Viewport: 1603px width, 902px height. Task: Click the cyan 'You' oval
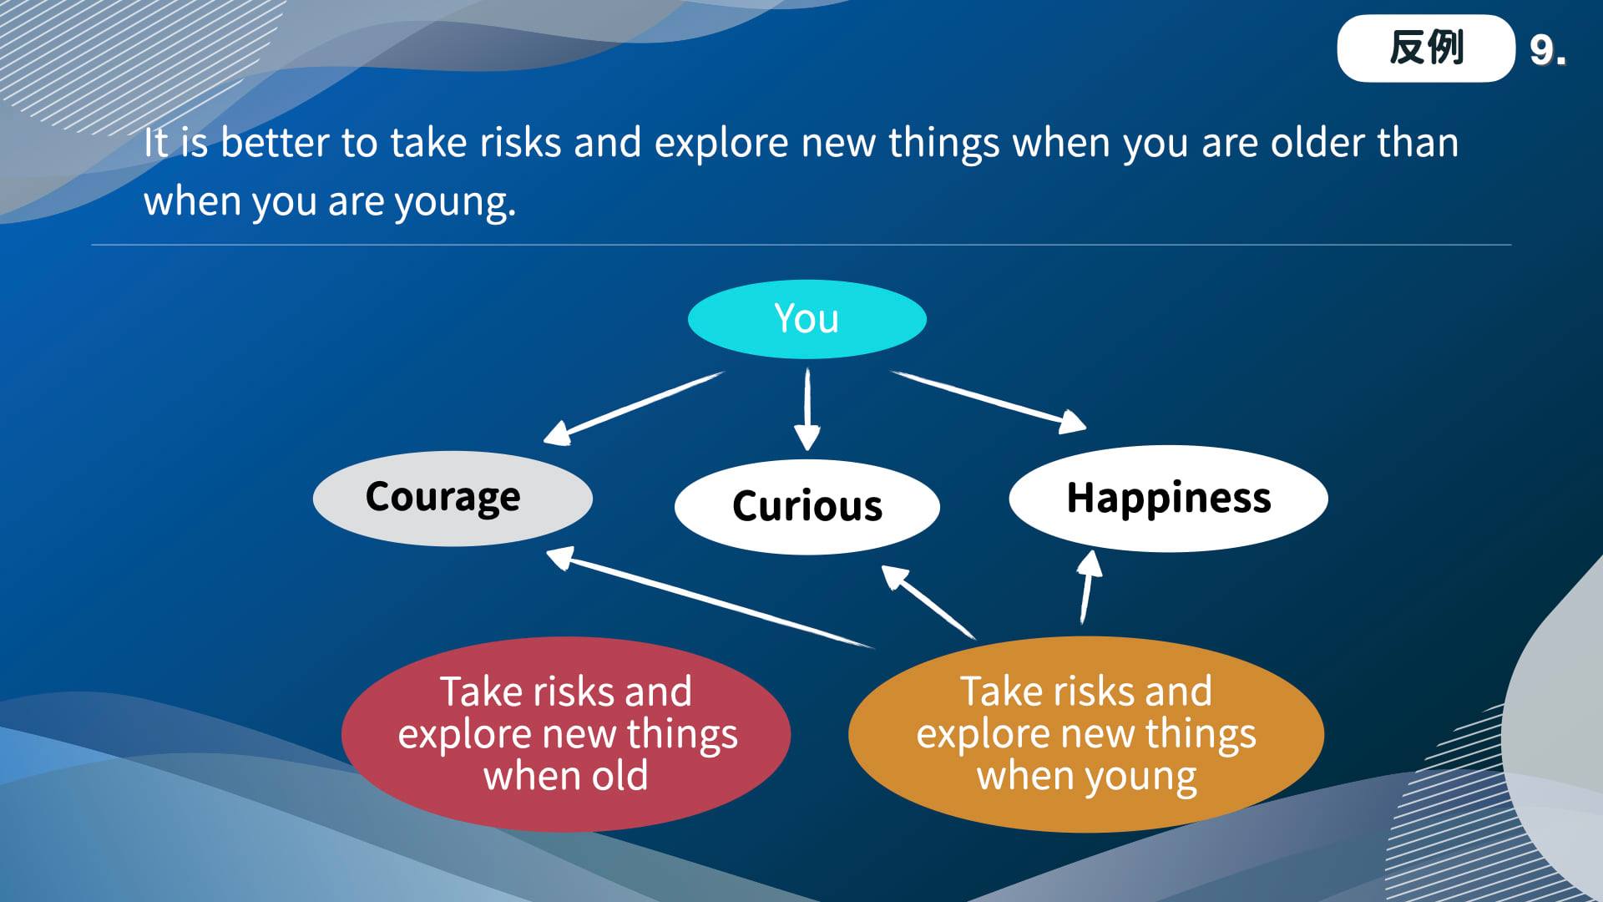[x=807, y=319]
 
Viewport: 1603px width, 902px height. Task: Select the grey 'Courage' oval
[x=453, y=499]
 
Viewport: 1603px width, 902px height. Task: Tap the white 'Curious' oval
[x=807, y=506]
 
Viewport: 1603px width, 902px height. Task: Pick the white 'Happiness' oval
[x=1168, y=499]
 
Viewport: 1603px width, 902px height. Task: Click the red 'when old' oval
[x=566, y=734]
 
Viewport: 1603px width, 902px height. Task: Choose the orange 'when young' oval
[x=1086, y=734]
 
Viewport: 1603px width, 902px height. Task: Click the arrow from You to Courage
[x=634, y=408]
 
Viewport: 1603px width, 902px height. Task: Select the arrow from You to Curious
[x=807, y=409]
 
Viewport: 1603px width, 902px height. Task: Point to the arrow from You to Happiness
[x=989, y=402]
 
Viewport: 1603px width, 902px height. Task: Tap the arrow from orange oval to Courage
[x=710, y=598]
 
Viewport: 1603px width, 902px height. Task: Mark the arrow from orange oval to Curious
[x=928, y=602]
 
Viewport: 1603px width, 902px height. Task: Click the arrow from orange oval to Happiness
[x=1087, y=587]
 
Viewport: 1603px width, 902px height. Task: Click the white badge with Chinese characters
[x=1426, y=48]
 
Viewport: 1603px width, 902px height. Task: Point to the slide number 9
[x=1547, y=50]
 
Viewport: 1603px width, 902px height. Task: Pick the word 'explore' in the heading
[x=721, y=144]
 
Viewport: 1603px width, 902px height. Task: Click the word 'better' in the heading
[x=275, y=143]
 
